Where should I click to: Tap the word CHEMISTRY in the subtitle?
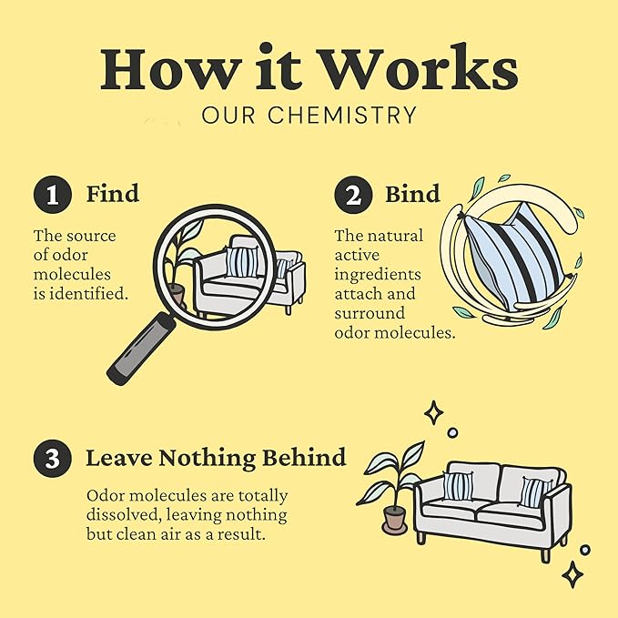[342, 115]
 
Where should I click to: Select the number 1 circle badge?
[53, 194]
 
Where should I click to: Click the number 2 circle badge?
[353, 194]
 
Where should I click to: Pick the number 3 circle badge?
[53, 459]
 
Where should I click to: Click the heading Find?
[113, 193]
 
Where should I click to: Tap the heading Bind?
[412, 194]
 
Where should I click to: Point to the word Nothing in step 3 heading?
[208, 459]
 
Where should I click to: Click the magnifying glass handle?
[141, 348]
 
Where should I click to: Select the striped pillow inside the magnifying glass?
[242, 261]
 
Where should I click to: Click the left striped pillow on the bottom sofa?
[458, 486]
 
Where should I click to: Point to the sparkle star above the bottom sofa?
[433, 412]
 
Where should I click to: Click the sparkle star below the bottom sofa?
[572, 574]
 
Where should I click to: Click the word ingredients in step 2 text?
[378, 275]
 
